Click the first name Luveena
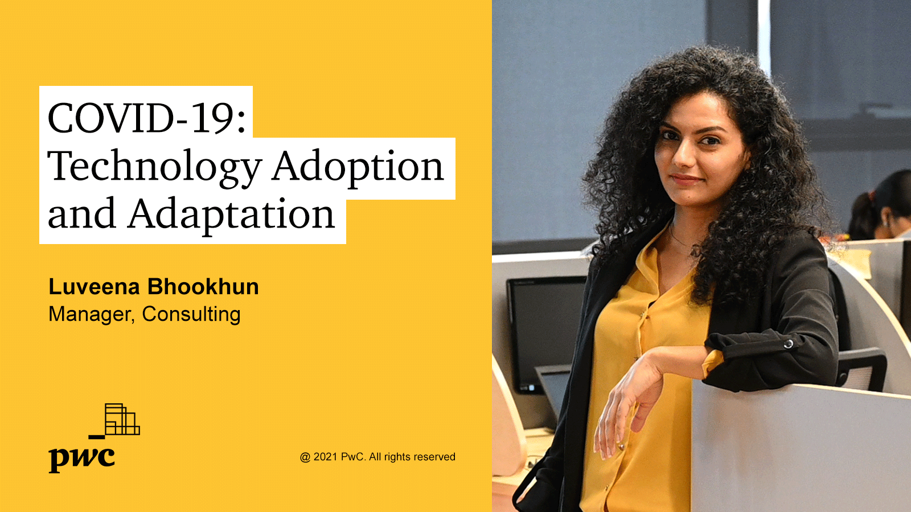(x=95, y=287)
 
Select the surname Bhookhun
(x=203, y=287)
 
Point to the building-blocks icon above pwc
(x=114, y=421)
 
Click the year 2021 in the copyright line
(x=325, y=457)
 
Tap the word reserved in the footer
(x=436, y=457)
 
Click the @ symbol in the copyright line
(x=305, y=457)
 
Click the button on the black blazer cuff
(x=789, y=344)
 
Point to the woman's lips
(x=687, y=179)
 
